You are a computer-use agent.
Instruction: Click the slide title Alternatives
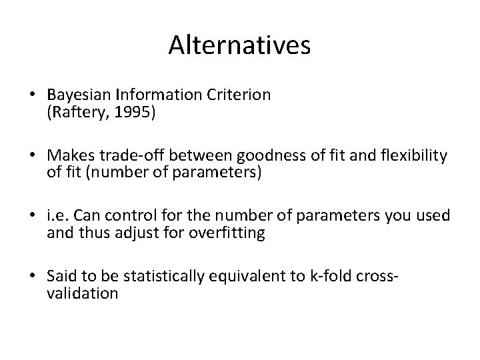click(x=239, y=45)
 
